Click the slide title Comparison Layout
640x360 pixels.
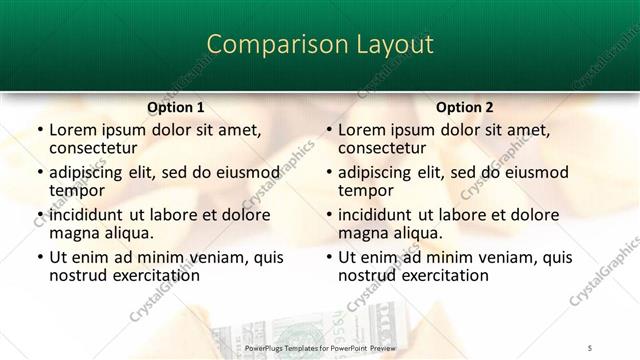[x=319, y=45]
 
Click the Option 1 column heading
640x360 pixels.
[x=175, y=107]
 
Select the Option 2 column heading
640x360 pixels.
[x=465, y=107]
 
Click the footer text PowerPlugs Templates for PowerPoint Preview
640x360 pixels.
[x=319, y=347]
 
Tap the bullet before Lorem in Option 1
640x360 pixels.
[x=39, y=130]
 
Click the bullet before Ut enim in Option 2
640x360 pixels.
[x=329, y=257]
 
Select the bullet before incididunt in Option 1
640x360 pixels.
[x=39, y=215]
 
